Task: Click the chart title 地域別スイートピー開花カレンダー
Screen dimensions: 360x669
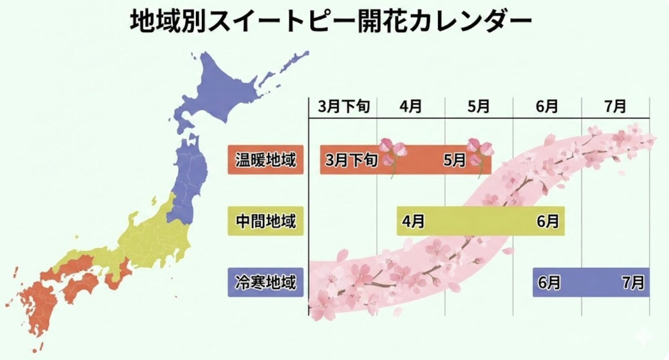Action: click(x=331, y=22)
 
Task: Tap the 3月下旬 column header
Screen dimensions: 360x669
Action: click(x=344, y=107)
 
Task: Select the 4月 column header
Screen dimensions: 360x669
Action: click(x=411, y=107)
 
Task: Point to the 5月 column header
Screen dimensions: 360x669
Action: click(x=479, y=107)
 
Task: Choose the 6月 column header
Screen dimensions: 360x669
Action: click(x=547, y=107)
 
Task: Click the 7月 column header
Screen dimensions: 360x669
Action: click(x=615, y=107)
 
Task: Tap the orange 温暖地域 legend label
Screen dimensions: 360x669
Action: click(x=265, y=160)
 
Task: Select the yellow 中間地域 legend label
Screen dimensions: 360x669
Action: click(x=265, y=221)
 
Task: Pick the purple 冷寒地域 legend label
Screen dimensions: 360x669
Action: click(x=265, y=282)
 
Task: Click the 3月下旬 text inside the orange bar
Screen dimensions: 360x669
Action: click(x=352, y=160)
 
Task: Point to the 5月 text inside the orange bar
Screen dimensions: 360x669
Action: click(x=454, y=160)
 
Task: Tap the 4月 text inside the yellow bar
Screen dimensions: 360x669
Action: click(x=413, y=221)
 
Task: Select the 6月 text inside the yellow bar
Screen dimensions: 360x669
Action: click(x=548, y=221)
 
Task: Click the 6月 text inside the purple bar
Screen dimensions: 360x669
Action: click(x=549, y=283)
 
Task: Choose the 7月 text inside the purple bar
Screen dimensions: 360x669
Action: click(x=633, y=283)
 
